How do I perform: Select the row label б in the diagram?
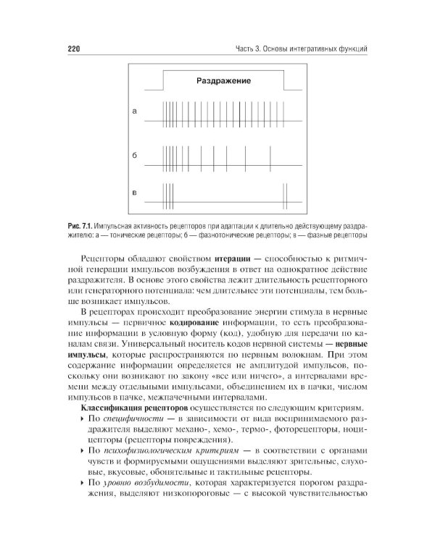[134, 156]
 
